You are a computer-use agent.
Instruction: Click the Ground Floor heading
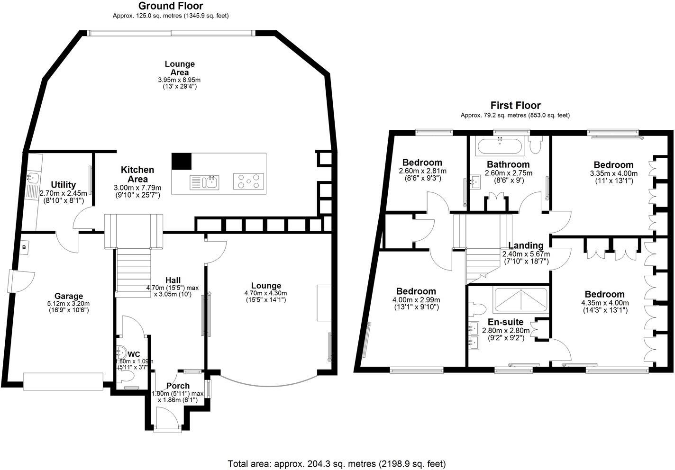[171, 6]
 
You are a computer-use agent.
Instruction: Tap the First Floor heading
[515, 106]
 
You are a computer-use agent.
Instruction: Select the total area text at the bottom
[337, 463]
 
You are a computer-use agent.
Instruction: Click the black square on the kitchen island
[181, 162]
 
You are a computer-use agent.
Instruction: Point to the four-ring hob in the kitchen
[248, 181]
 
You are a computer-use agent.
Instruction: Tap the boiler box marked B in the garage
[24, 247]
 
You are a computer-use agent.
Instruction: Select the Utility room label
[63, 185]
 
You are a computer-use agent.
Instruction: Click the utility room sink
[33, 179]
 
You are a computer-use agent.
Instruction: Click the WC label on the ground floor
[134, 354]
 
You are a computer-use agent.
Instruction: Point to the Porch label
[178, 386]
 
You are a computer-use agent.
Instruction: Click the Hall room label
[173, 280]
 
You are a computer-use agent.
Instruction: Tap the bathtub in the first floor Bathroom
[500, 146]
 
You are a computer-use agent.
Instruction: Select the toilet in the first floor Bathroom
[537, 145]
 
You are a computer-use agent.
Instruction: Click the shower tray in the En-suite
[520, 301]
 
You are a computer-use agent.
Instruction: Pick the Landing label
[526, 245]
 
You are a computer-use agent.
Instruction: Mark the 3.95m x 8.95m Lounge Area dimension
[179, 80]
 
